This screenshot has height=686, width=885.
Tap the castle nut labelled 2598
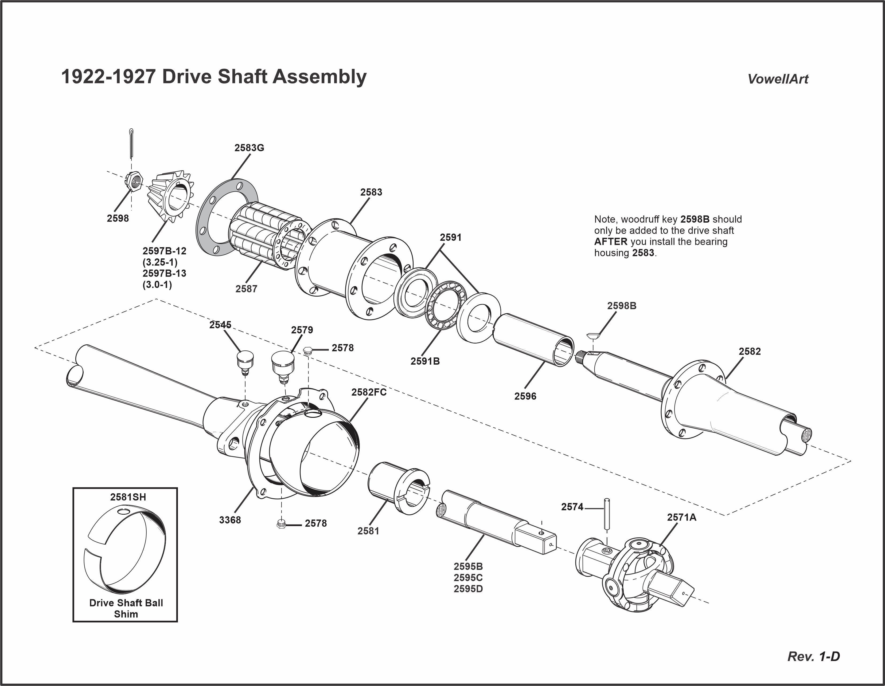pos(134,180)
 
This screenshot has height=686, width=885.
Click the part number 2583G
pos(249,148)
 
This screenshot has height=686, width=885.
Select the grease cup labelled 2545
pos(245,362)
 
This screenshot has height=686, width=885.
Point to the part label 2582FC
pos(369,392)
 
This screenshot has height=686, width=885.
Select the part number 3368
pos(230,520)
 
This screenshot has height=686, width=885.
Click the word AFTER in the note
pos(610,242)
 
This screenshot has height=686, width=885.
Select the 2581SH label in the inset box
pos(128,497)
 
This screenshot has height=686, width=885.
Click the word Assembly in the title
pos(319,77)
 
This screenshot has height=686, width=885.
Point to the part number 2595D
pos(468,589)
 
